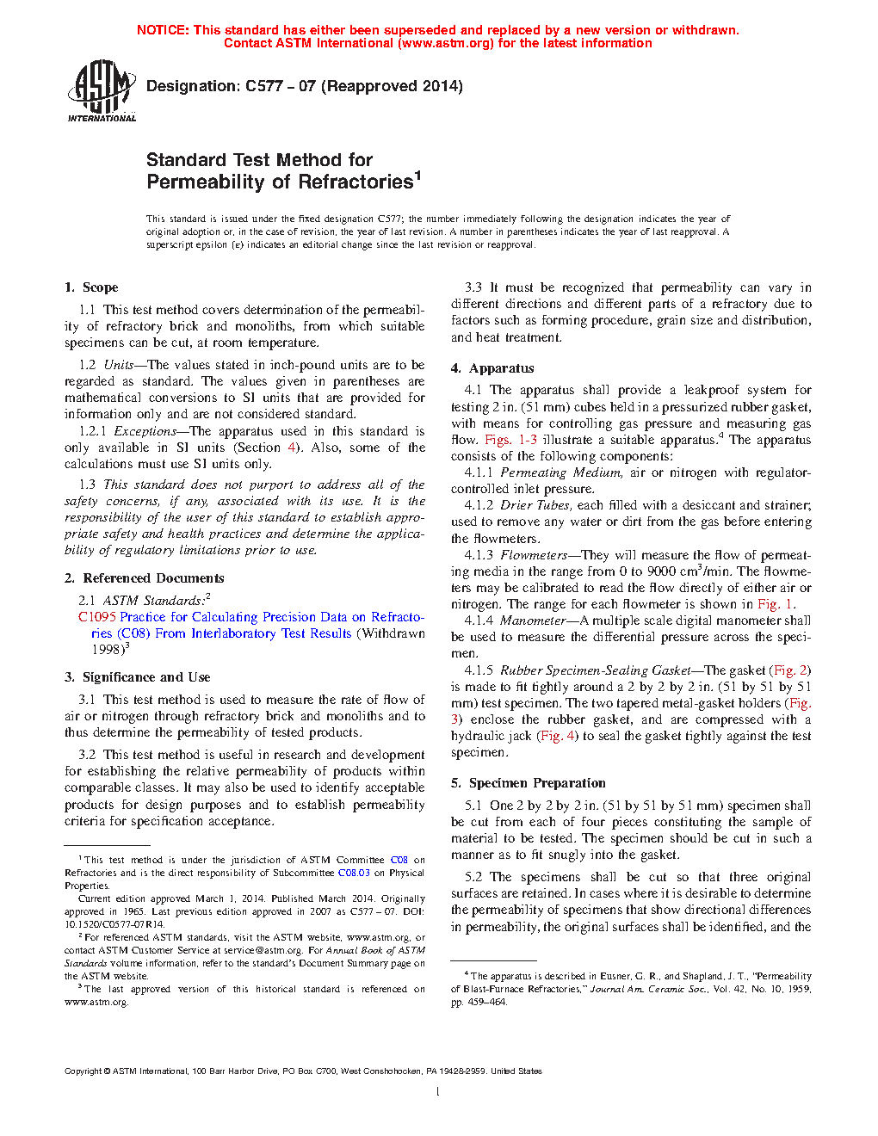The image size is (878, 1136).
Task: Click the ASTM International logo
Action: (x=101, y=90)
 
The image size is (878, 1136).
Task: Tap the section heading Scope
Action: (x=100, y=287)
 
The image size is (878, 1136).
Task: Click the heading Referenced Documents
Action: (x=153, y=578)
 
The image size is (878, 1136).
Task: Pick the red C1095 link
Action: (x=96, y=617)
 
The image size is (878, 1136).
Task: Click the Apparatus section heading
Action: (x=501, y=368)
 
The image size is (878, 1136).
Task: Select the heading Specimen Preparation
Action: (x=537, y=783)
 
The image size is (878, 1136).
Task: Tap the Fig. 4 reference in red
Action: (x=558, y=736)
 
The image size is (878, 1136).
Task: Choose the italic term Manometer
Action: (x=533, y=620)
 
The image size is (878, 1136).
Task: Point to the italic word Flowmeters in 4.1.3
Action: (x=534, y=555)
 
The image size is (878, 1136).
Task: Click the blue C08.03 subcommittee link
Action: (x=354, y=873)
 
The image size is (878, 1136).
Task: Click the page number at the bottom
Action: (x=438, y=1092)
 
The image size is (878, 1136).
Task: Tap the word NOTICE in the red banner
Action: (x=163, y=30)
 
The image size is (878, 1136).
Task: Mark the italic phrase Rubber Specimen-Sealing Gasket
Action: (x=596, y=670)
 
